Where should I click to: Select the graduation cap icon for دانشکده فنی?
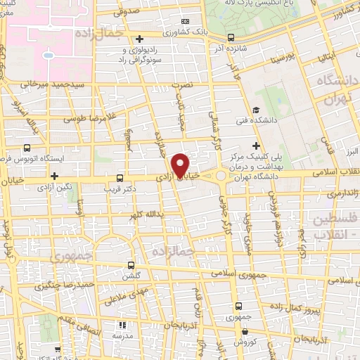(256, 110)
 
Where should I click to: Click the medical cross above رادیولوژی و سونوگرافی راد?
(140, 39)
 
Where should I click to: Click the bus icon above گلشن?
(131, 265)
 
